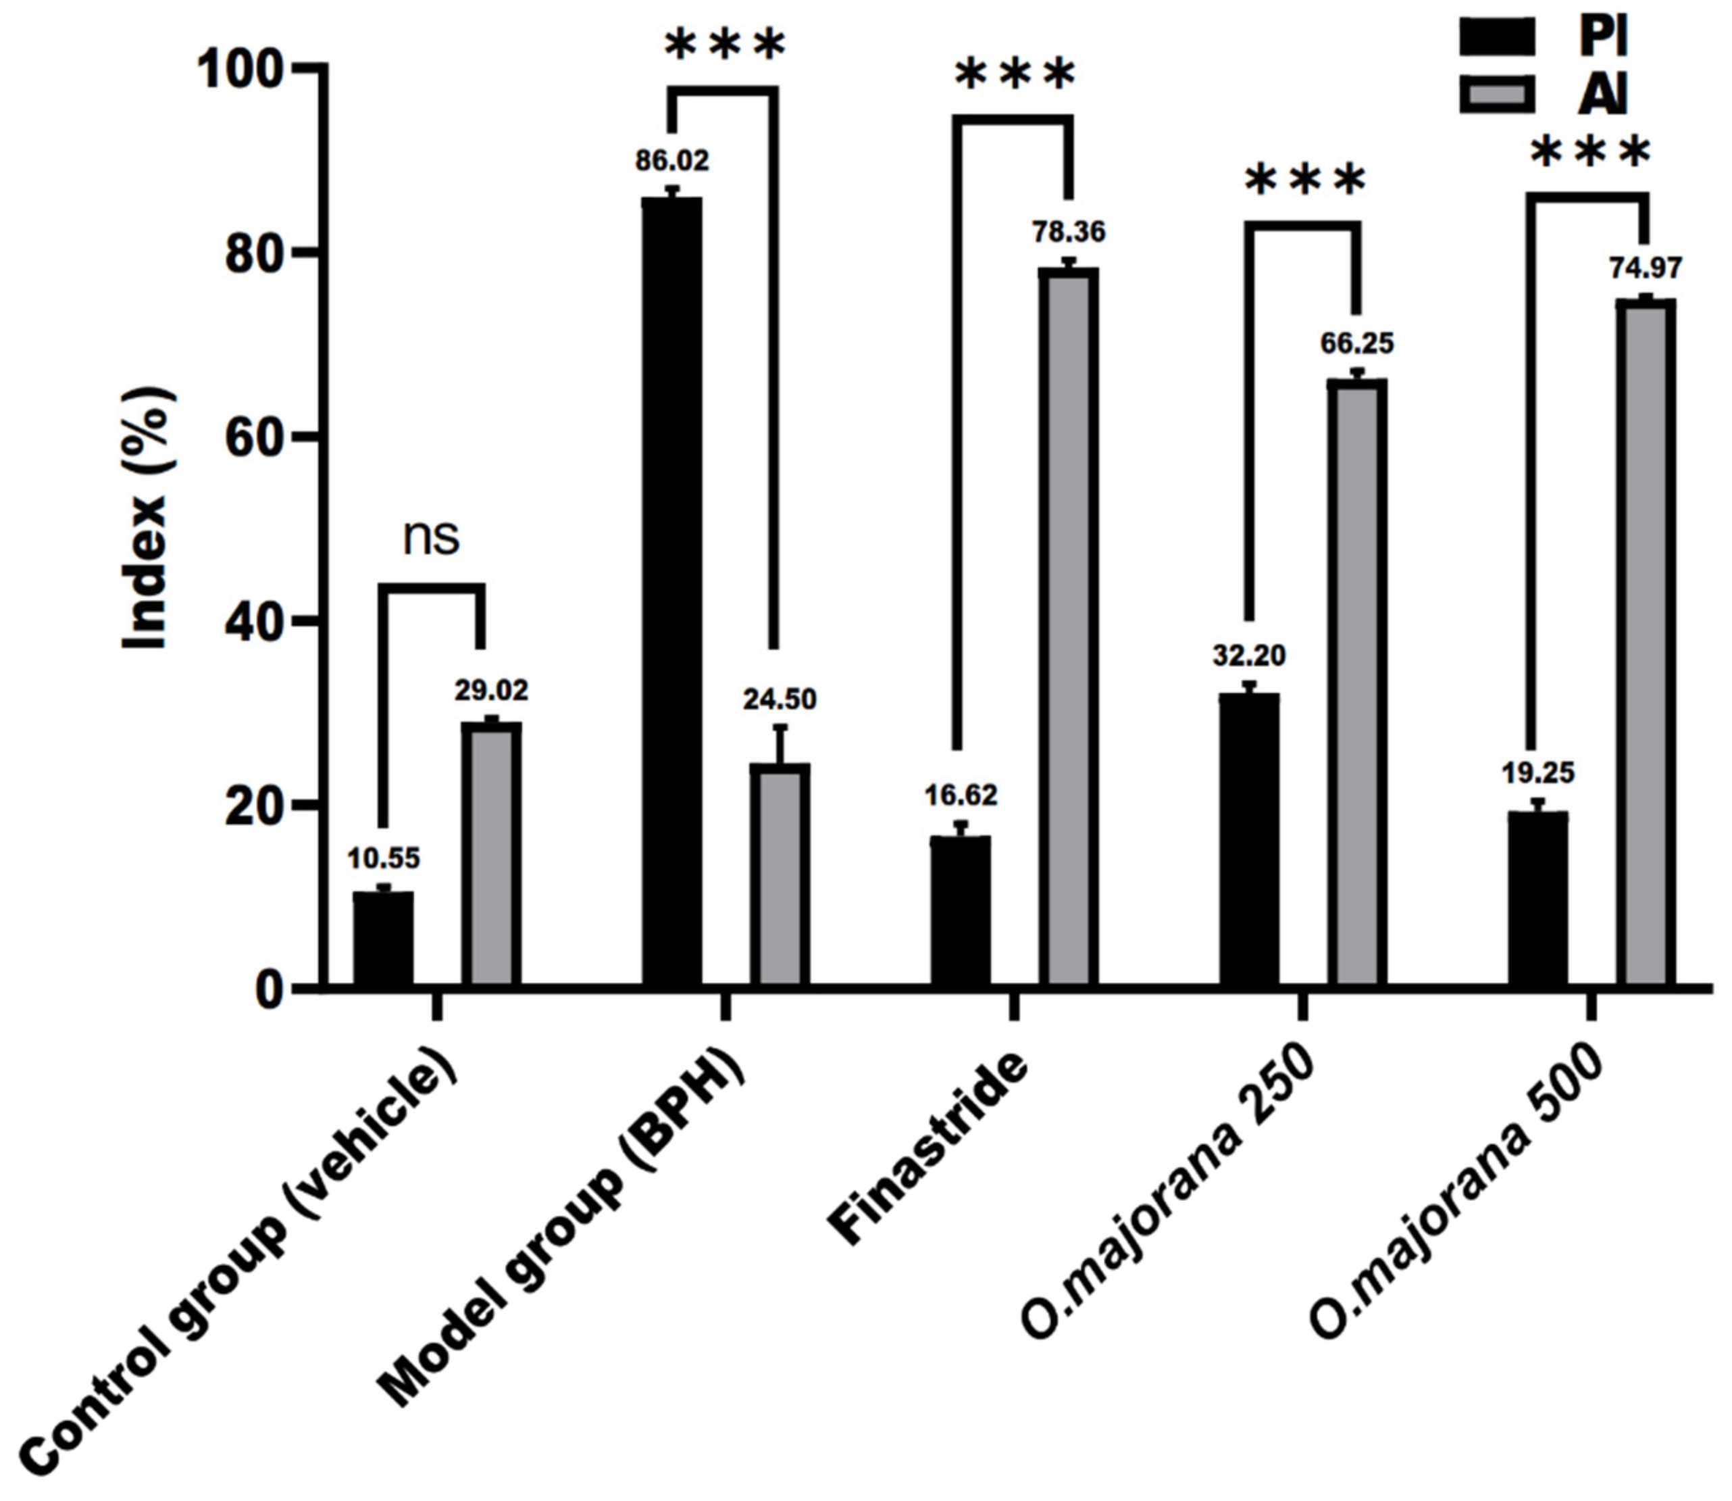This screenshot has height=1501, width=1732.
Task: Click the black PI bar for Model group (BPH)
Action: [671, 591]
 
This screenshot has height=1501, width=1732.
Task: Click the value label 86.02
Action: [671, 161]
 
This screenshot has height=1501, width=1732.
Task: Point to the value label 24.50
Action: [780, 699]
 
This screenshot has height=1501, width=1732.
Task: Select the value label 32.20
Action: [1249, 656]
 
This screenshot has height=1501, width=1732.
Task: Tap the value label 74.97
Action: [1645, 268]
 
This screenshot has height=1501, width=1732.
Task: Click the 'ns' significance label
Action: [431, 539]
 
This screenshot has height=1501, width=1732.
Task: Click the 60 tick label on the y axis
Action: [251, 437]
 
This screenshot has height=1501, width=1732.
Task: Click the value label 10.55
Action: [384, 858]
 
